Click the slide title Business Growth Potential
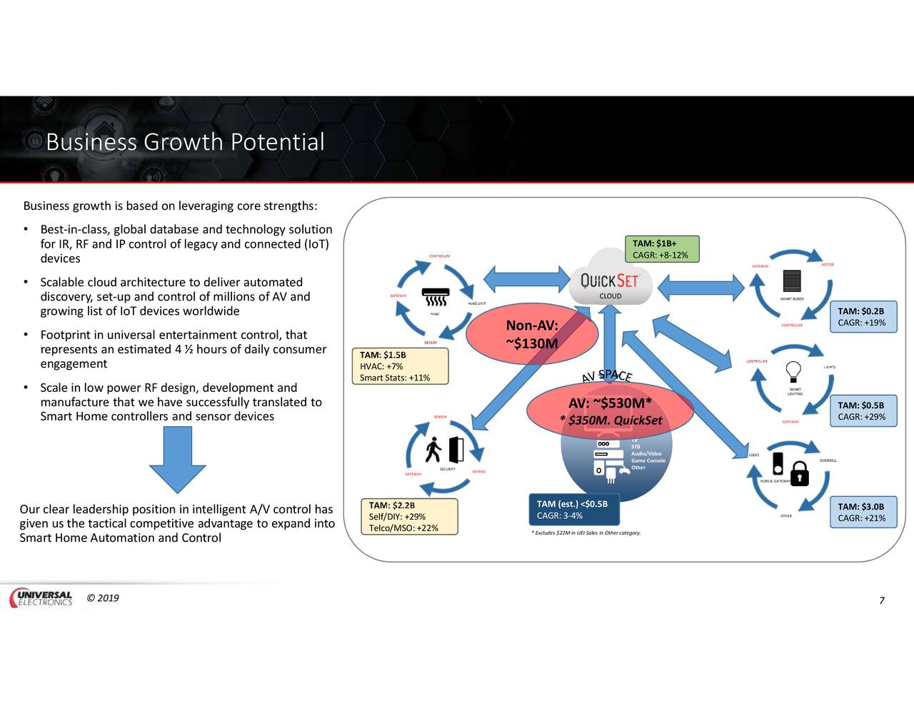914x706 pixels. coord(185,142)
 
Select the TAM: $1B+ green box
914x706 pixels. coord(661,249)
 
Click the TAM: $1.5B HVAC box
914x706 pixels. coord(400,366)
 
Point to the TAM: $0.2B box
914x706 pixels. coord(862,317)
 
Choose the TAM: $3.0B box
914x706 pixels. coord(862,513)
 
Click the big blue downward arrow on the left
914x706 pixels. coord(178,460)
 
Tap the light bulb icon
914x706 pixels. coord(793,370)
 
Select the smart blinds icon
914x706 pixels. coord(791,281)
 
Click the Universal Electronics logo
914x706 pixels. coord(41,598)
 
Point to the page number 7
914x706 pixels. coord(882,600)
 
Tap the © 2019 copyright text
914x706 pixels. coord(103,598)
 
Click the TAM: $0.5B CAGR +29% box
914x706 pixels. coord(862,411)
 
